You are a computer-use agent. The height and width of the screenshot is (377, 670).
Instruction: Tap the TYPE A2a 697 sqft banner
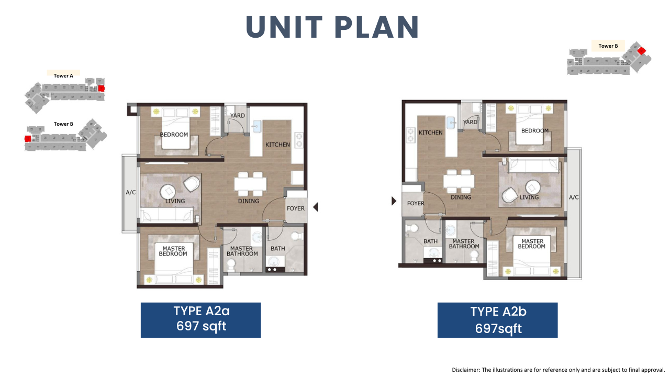coord(200,320)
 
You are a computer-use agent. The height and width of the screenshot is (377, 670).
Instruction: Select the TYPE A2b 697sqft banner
coord(497,320)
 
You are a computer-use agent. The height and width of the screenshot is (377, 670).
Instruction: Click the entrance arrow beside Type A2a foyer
coord(316,207)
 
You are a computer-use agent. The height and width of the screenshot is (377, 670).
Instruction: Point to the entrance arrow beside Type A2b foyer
coord(394,201)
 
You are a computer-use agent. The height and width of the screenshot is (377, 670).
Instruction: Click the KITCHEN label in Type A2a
coord(277,145)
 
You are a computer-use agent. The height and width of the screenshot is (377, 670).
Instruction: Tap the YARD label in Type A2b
coord(470,122)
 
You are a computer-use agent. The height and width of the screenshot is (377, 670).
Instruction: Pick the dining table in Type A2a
coord(250,184)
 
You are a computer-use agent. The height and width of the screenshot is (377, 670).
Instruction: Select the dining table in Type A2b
coord(459,181)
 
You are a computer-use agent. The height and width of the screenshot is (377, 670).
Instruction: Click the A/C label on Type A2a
coord(131,192)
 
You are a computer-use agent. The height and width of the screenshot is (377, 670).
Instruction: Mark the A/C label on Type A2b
coord(574,197)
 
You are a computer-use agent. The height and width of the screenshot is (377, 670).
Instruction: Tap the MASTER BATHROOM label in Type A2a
coord(242,251)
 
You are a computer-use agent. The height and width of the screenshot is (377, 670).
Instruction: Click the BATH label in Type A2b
coord(430,241)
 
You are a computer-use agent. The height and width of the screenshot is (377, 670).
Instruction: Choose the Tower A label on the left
coord(63,76)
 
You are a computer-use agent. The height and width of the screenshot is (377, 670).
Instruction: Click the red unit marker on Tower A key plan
coord(102,88)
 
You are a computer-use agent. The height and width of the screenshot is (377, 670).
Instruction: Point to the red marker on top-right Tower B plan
coord(641,51)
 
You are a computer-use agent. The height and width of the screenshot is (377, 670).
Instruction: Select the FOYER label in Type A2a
coord(296,208)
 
